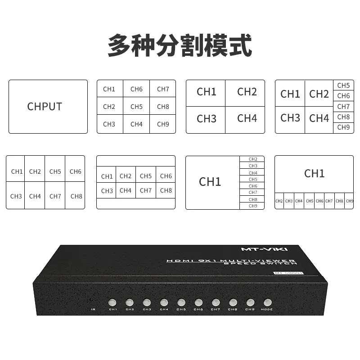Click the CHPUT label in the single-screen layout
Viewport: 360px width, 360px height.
coord(45,107)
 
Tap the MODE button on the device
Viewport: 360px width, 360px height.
coord(267,303)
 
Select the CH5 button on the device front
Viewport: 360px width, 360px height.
coord(181,303)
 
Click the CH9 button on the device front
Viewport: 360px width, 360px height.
coord(250,303)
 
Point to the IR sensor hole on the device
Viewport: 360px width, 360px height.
coord(92,300)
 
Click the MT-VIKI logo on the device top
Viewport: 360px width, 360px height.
coord(270,249)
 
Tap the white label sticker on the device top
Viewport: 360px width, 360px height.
coord(288,273)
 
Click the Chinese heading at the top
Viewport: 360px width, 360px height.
coord(180,45)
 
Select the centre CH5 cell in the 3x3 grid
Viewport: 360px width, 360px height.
coord(136,107)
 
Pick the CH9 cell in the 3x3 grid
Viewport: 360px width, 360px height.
coord(163,124)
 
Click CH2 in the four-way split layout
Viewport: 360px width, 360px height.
coord(247,92)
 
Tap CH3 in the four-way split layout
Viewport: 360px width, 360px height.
coord(207,119)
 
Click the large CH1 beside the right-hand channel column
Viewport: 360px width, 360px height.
coord(210,182)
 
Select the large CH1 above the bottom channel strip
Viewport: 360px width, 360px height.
coord(314,173)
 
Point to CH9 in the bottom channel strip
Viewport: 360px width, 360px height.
coord(349,201)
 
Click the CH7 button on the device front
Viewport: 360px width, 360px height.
coord(216,303)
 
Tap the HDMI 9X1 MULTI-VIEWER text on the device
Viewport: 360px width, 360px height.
coord(230,261)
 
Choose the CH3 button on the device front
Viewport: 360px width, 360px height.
coord(147,303)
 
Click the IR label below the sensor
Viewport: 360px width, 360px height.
coord(93,309)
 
